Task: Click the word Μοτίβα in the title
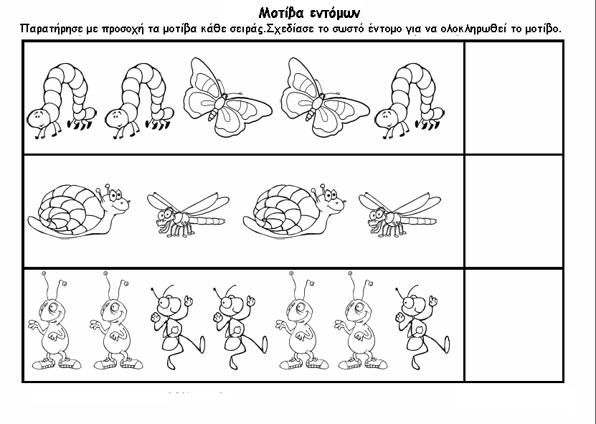point(281,13)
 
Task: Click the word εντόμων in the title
point(335,14)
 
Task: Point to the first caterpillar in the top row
point(62,100)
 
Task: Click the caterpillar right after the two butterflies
point(410,100)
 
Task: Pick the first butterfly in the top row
point(227,98)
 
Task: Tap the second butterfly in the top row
point(325,98)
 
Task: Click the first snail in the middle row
point(78,212)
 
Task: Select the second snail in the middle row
point(294,212)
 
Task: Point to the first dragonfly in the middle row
point(188,215)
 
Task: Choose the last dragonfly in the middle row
point(399,215)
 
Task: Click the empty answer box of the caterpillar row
point(514,98)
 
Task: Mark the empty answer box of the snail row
point(514,212)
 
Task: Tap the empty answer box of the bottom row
point(514,325)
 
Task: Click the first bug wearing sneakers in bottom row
point(55,321)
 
